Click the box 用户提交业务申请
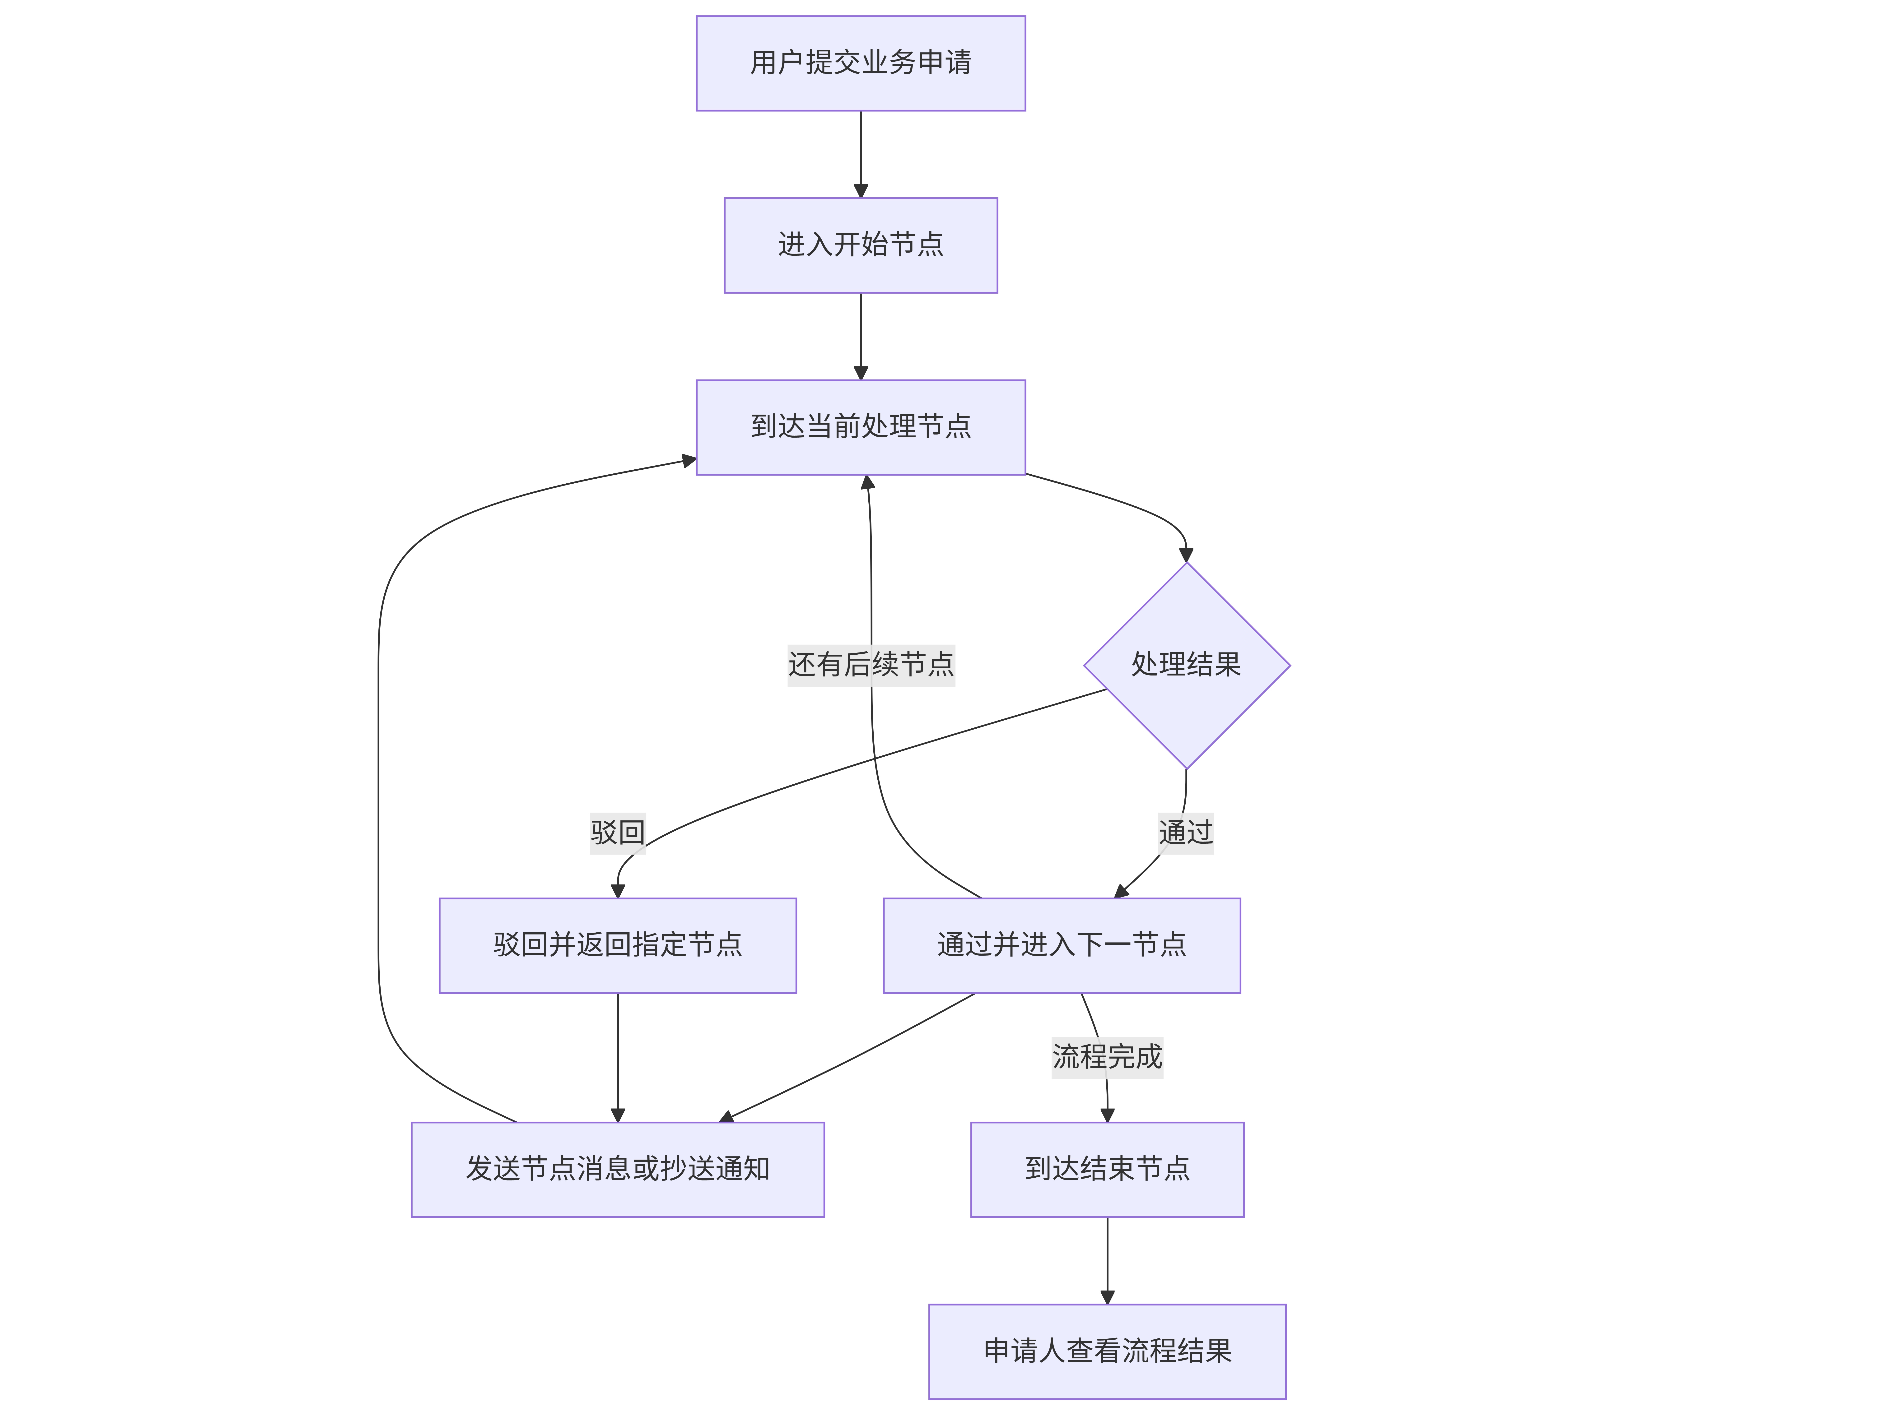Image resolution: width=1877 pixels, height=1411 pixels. [x=860, y=63]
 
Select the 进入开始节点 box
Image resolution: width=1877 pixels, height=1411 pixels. [x=860, y=245]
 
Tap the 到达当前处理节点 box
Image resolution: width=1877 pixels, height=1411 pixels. [x=860, y=427]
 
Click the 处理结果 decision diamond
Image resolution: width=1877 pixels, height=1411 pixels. [x=1186, y=665]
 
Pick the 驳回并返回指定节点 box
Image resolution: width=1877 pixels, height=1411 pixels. [x=618, y=945]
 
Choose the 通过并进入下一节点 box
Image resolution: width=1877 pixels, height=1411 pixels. [x=1062, y=945]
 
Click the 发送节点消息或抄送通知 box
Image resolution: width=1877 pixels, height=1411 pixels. [x=618, y=1169]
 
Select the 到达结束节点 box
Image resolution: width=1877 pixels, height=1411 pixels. [x=1107, y=1169]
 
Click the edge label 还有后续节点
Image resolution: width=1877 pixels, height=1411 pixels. [x=871, y=664]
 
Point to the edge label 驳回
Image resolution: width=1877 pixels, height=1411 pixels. [x=618, y=832]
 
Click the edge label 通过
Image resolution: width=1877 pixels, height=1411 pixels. [x=1186, y=832]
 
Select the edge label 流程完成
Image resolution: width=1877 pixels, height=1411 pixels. [x=1107, y=1057]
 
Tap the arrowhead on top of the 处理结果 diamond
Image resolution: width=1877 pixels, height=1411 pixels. [x=1186, y=555]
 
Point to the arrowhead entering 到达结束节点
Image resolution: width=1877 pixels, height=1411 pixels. [x=1107, y=1115]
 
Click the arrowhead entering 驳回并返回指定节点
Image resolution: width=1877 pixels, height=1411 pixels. [x=618, y=891]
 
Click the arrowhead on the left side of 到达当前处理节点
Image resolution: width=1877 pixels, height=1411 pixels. [x=689, y=461]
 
